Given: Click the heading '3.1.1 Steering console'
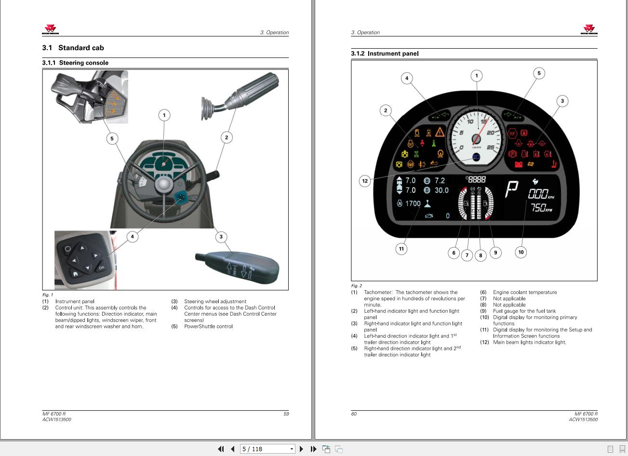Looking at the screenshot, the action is [75, 63].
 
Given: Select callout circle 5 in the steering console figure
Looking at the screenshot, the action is [112, 138].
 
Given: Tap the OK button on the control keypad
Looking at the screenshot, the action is [102, 267].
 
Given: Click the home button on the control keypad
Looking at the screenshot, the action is [75, 273].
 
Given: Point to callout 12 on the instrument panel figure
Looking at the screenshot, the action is [365, 181].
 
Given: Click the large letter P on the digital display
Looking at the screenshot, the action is [511, 189].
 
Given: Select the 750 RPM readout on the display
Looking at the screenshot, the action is [542, 208].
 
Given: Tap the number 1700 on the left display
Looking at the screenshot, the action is [413, 203].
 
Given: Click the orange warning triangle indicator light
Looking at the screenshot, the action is [440, 132].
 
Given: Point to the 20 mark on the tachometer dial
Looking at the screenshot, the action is [490, 133].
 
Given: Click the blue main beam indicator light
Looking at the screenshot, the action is [476, 157].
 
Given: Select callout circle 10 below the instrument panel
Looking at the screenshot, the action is [521, 252].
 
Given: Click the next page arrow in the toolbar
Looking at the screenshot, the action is [301, 449].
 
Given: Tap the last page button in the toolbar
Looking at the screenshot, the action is [313, 449].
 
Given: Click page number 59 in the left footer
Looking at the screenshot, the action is [286, 414].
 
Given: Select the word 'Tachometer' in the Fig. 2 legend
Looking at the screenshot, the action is [378, 292].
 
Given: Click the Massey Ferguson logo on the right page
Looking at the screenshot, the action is [589, 29].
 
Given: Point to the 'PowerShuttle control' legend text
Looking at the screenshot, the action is [208, 326].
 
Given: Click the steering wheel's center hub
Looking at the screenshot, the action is [164, 184].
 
